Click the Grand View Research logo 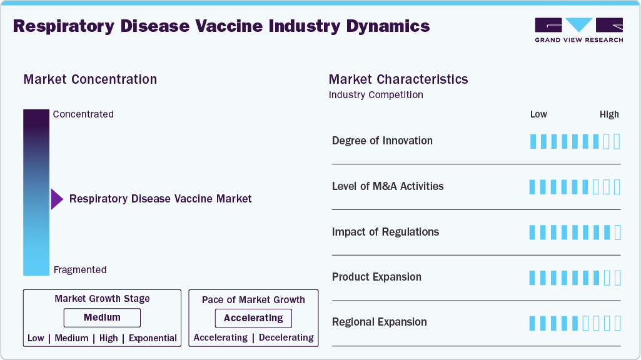pos(578,29)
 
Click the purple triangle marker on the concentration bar pos(57,199)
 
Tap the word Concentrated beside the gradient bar pos(83,114)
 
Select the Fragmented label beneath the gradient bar pos(80,270)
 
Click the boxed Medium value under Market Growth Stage pos(102,317)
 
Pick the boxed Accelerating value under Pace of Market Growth pos(253,318)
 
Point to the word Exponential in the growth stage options pos(153,338)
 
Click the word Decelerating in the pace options pos(286,337)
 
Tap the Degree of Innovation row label pos(382,141)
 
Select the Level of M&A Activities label pos(388,186)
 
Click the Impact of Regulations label pos(385,232)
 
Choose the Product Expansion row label pos(376,277)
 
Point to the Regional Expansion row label pos(379,322)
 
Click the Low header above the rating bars pos(538,114)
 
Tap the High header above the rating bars pos(609,114)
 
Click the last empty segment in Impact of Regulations pos(618,232)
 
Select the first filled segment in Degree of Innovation pos(533,141)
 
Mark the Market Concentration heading pos(90,79)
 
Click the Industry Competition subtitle pos(376,95)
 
